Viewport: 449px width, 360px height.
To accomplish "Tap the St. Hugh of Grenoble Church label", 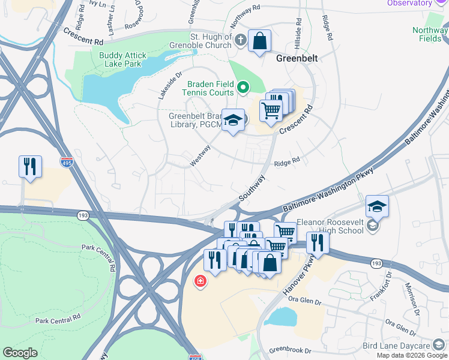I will pos(211,41).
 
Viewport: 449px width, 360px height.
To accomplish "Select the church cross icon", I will pos(241,41).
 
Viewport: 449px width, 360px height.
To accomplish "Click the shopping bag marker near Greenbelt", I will pos(259,42).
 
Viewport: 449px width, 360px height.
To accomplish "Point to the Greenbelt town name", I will pos(296,59).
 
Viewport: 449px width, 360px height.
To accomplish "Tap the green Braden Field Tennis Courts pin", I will pos(243,88).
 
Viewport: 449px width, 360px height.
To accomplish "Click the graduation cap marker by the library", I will pos(232,121).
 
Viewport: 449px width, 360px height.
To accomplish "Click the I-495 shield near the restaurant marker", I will pos(67,162).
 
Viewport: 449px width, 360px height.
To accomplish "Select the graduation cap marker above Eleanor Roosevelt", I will pos(376,207).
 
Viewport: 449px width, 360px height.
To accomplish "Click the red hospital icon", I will pos(199,281).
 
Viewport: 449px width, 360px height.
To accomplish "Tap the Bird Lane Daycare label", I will pos(396,346).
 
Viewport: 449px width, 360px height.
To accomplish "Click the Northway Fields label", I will pos(430,34).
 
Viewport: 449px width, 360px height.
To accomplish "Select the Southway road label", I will pos(252,188).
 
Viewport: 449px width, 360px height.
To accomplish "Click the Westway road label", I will pos(200,155).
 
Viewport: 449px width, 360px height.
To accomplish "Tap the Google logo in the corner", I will pos(20,353).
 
